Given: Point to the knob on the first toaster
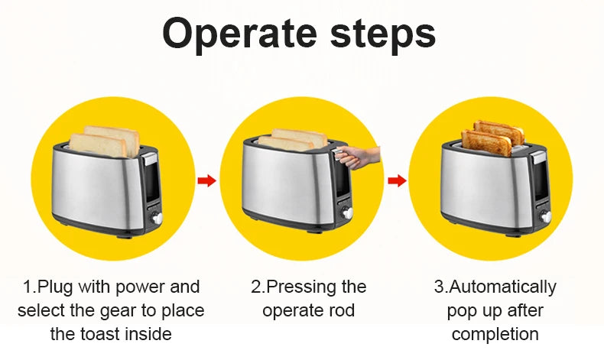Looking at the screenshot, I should point(158,218).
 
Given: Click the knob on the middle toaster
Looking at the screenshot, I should point(348,215).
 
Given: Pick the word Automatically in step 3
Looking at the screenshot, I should point(502,287).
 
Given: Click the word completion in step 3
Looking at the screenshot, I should point(494,334).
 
